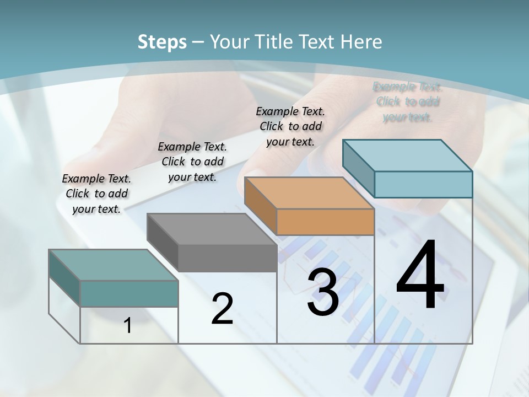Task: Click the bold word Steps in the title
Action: click(162, 42)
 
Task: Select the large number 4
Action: click(420, 276)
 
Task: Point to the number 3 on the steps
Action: click(323, 293)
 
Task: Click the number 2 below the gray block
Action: click(222, 309)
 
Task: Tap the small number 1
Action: click(128, 326)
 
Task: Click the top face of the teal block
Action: click(114, 265)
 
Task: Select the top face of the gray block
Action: click(212, 229)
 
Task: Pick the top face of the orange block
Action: click(309, 193)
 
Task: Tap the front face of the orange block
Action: click(325, 222)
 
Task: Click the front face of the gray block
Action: click(227, 258)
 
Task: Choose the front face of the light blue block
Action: click(423, 184)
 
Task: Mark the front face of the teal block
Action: click(129, 293)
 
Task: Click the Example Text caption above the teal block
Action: click(96, 194)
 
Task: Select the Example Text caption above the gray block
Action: click(192, 162)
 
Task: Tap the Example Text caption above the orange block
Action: click(290, 126)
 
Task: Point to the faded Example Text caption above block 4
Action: click(407, 101)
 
